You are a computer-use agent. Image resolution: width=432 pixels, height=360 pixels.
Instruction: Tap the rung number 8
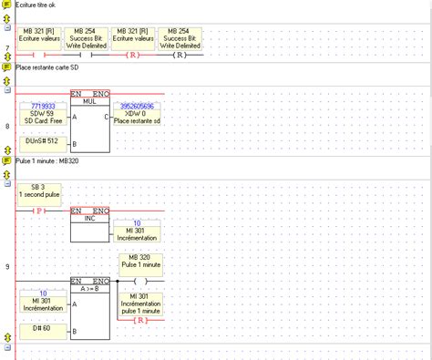point(7,127)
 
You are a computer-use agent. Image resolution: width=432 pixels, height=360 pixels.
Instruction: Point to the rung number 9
point(7,266)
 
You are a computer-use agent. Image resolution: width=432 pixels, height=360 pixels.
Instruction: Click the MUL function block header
point(89,101)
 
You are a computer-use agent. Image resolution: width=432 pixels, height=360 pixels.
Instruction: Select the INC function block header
point(89,217)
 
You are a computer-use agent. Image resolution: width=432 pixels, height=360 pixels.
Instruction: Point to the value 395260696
point(141,106)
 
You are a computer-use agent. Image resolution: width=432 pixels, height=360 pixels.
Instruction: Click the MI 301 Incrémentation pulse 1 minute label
point(139,303)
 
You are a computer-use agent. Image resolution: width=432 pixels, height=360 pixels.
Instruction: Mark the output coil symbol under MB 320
point(139,281)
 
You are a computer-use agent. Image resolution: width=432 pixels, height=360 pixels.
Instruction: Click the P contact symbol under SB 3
point(39,210)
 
